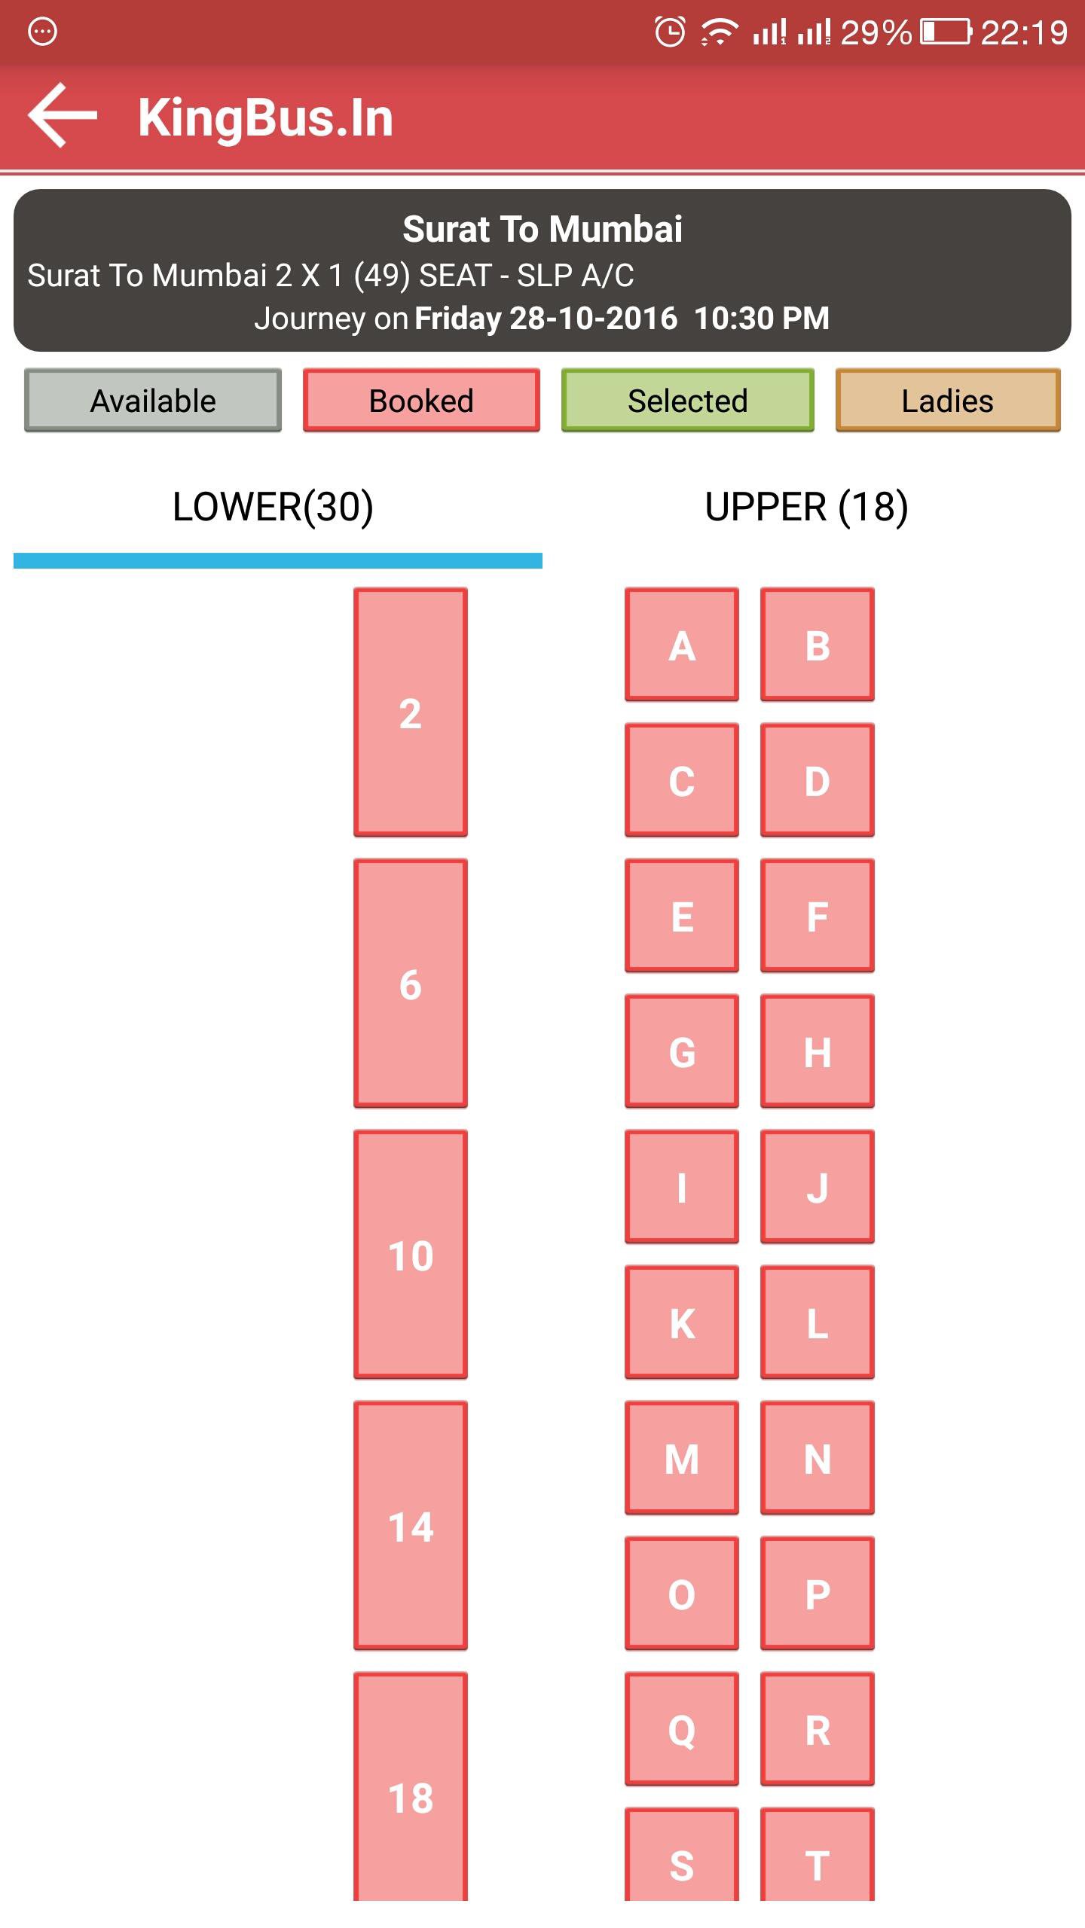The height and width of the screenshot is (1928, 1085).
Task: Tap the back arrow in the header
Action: pos(63,115)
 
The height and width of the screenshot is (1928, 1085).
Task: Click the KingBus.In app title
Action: pos(265,117)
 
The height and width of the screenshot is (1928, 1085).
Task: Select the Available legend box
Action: pos(153,400)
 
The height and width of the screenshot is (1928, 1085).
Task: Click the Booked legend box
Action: pos(421,400)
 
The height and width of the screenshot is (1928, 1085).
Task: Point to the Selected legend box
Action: pos(688,400)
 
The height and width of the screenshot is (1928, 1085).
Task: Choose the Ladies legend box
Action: pos(948,400)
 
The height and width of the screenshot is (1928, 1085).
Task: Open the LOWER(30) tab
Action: pos(273,506)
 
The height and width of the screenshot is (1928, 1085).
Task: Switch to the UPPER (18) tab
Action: pos(806,506)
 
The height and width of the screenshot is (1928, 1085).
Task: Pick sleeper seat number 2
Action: pos(411,712)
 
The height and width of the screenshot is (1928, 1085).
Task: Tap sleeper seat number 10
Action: pos(411,1255)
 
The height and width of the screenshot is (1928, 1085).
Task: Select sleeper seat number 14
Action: pos(411,1526)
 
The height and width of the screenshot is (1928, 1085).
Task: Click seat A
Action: pos(682,645)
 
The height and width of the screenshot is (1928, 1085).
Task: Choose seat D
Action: pos(818,780)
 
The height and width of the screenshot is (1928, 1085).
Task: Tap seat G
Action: pos(682,1051)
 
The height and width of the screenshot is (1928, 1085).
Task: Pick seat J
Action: pos(818,1187)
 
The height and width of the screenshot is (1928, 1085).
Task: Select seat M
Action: pos(682,1458)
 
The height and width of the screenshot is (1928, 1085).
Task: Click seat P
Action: pos(818,1594)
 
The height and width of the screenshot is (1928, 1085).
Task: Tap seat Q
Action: pos(682,1729)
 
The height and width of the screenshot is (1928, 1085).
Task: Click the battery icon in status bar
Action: pos(946,32)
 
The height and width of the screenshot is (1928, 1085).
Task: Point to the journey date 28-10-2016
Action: pos(594,318)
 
